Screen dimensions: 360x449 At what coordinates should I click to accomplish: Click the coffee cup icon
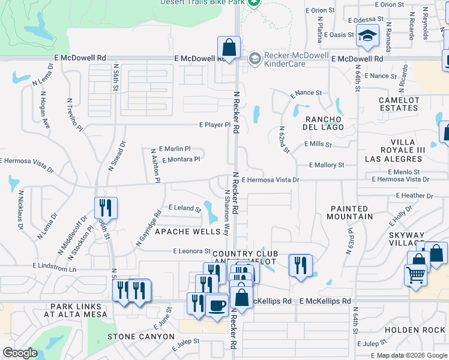(x=216, y=304)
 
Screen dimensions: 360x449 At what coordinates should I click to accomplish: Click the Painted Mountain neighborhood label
(x=358, y=212)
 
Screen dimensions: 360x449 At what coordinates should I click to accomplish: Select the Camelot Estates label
(x=399, y=104)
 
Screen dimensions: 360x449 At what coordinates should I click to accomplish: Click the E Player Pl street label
(x=215, y=125)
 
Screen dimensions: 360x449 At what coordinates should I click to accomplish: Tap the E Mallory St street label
(x=327, y=164)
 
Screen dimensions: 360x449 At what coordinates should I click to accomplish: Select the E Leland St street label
(x=184, y=208)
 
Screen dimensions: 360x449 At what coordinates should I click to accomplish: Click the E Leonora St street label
(x=191, y=251)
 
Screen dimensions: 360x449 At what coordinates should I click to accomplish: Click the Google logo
(x=20, y=353)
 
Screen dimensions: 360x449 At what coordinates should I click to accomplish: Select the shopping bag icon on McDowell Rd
(x=229, y=47)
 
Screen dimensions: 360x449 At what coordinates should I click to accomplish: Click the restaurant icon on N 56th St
(x=106, y=208)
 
